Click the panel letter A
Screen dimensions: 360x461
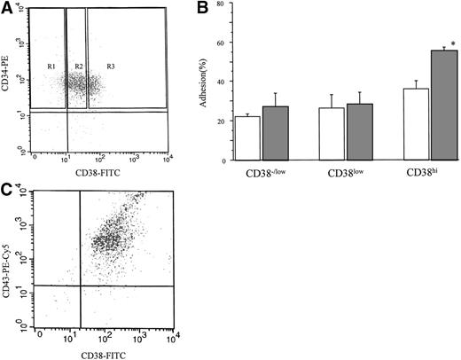pyautogui.click(x=9, y=8)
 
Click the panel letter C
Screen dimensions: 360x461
pyautogui.click(x=8, y=190)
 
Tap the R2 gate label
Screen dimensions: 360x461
pyautogui.click(x=79, y=67)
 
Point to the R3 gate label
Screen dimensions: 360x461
pyautogui.click(x=111, y=67)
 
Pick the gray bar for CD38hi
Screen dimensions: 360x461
pyautogui.click(x=442, y=106)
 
